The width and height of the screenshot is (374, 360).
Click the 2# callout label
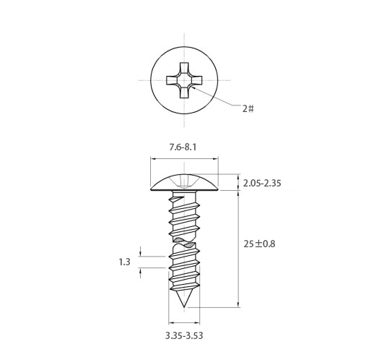pos(248,108)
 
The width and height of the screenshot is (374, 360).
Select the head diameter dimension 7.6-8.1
pos(183,147)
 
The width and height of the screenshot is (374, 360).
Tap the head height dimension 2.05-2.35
pos(262,184)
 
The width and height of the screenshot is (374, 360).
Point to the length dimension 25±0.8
pos(259,244)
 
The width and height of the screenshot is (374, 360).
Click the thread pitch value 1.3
pos(125,262)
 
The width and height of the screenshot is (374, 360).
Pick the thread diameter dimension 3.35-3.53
pos(184,335)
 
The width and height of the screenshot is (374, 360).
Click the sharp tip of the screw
pos(184,307)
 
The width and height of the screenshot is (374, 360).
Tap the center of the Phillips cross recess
pos(184,80)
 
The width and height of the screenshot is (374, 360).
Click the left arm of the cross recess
pos(172,80)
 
